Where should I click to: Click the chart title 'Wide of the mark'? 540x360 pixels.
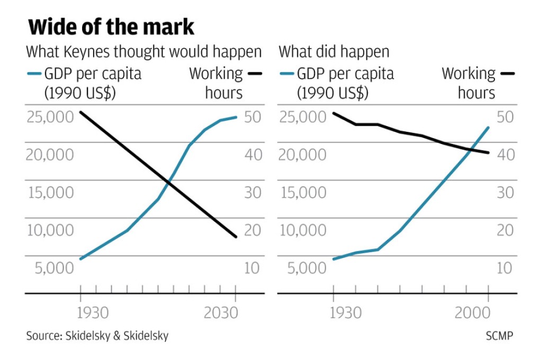coord(111,26)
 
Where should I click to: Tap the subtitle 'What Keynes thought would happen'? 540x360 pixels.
coord(143,52)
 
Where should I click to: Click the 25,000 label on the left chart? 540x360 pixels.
coord(50,117)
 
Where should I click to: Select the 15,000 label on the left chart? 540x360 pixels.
coord(50,192)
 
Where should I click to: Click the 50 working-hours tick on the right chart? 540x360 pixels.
coord(505,117)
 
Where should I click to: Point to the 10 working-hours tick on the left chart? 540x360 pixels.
coord(252,268)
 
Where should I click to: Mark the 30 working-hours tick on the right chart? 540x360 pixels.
coord(505,192)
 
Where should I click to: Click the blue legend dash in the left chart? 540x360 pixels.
coord(33,74)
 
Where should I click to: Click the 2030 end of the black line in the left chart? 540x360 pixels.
coord(236,237)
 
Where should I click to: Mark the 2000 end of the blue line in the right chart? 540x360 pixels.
coord(488,127)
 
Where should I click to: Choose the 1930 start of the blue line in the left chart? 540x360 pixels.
coord(80,259)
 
